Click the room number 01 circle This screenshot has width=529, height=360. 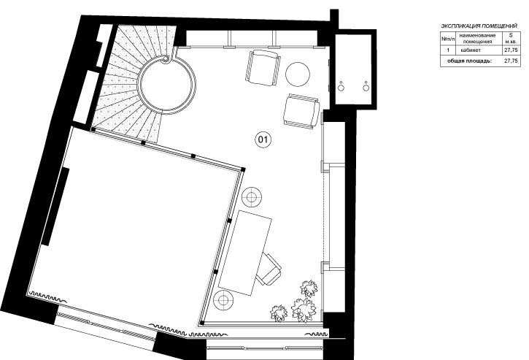263,139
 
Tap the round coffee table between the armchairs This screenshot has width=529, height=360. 298,74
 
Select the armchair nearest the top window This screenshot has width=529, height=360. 263,67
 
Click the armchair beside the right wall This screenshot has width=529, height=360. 301,111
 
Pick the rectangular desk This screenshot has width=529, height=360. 245,252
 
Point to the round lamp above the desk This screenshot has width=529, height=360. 252,196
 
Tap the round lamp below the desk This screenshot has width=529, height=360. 224,299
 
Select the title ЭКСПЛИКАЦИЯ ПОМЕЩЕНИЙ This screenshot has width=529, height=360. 479,26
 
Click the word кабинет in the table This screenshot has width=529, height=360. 471,50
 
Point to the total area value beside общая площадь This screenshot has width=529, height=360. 511,61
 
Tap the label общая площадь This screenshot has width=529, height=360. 470,61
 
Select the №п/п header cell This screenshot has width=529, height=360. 448,39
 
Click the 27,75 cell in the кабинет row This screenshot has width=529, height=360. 511,50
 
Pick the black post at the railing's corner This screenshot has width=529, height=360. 242,169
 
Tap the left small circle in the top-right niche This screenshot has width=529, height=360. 341,88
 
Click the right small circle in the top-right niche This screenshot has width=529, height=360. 366,88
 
